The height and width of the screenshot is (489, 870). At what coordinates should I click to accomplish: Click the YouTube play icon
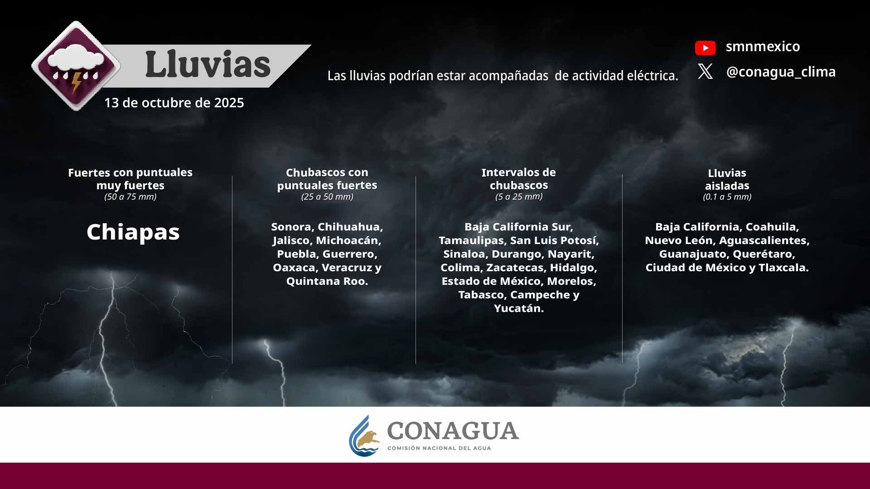tap(705, 48)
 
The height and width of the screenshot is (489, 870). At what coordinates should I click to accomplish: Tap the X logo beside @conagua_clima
tap(705, 72)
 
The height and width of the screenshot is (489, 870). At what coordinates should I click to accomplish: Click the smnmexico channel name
tap(763, 47)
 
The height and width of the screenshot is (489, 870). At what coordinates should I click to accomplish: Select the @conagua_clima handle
tap(781, 72)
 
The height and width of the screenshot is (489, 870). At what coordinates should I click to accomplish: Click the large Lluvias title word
tap(208, 64)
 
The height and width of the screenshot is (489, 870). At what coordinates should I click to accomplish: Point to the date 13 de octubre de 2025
tap(174, 103)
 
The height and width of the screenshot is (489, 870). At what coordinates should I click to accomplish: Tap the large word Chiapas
tap(133, 232)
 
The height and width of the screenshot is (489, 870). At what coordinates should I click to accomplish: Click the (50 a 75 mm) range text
tap(130, 197)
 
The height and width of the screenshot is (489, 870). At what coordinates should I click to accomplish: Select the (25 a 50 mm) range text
tap(327, 197)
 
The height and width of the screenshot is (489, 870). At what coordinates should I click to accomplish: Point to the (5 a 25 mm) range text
tap(519, 197)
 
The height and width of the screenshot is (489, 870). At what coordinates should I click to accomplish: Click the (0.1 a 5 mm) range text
tap(727, 197)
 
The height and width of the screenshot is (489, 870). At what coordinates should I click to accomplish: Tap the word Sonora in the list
tap(292, 227)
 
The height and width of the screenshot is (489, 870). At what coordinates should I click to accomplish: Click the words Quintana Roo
tap(327, 281)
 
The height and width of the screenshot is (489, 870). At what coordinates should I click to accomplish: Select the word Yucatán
tap(519, 308)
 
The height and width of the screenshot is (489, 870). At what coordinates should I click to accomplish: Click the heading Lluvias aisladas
tap(727, 179)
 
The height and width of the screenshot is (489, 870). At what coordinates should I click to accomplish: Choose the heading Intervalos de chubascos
tap(519, 179)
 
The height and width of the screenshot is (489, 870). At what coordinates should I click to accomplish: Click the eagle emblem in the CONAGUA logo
tap(367, 439)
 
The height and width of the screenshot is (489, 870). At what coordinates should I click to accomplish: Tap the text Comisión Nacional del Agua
tap(439, 448)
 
